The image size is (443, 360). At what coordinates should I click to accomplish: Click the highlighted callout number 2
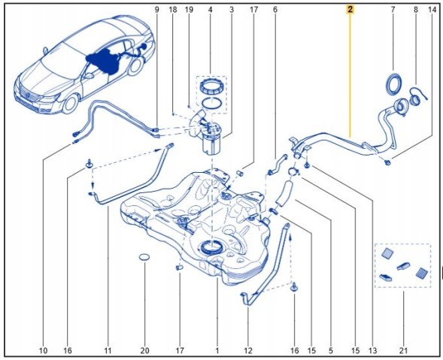click(350, 10)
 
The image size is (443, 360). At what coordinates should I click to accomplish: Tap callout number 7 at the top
click(393, 10)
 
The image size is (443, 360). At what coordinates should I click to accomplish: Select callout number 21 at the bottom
click(403, 351)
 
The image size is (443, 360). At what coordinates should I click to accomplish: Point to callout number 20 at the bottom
click(144, 351)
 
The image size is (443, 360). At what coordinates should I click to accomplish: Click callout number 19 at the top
click(189, 10)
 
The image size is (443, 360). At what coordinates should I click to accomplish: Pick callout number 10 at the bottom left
click(43, 351)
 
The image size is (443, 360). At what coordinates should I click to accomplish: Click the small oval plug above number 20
click(144, 257)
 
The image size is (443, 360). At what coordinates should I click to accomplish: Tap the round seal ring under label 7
click(393, 84)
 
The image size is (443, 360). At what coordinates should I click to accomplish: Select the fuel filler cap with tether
click(417, 98)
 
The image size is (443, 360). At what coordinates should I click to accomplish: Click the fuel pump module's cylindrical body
click(211, 143)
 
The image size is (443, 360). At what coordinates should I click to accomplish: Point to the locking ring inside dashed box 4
click(212, 86)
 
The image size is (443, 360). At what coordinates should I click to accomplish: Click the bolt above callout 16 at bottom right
click(294, 287)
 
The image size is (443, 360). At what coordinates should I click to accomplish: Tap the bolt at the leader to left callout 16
click(90, 164)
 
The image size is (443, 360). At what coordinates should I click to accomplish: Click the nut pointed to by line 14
click(388, 162)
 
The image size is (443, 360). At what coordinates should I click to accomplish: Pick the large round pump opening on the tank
click(210, 247)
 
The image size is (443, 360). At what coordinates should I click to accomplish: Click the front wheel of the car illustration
click(69, 104)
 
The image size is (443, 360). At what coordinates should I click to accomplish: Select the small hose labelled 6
click(277, 165)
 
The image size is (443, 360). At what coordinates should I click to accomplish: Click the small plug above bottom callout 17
click(180, 268)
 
